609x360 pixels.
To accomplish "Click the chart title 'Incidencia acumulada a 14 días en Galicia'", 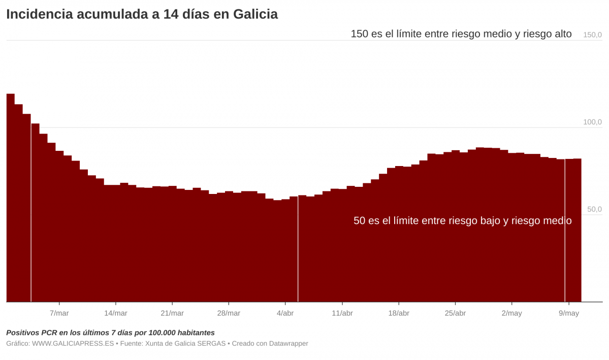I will tap(142, 14).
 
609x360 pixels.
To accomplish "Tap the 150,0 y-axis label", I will tap(592, 35).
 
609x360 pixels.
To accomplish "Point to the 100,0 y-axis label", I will tap(592, 122).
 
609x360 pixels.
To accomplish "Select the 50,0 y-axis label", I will tap(594, 209).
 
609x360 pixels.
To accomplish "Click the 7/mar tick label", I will tap(59, 313).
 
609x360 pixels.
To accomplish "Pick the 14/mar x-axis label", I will tap(116, 313).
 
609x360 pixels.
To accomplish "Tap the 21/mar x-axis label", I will tap(172, 313).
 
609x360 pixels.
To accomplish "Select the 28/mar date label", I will tap(229, 313).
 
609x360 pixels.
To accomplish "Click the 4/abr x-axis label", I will tap(285, 313).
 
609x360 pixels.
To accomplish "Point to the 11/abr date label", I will tap(342, 313).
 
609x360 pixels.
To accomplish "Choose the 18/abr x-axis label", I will tap(399, 313).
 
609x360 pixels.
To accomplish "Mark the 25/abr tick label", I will tap(455, 313).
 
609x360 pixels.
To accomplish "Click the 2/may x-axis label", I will tap(511, 313).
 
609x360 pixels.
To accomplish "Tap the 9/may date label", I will tap(568, 313).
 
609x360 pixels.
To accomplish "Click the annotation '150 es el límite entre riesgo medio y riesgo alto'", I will tap(461, 34).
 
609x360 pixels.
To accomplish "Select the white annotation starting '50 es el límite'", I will tap(462, 221).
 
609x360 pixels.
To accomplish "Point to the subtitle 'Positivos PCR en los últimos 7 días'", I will tap(110, 333).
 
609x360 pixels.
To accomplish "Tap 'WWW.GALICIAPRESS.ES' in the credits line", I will tap(73, 344).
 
